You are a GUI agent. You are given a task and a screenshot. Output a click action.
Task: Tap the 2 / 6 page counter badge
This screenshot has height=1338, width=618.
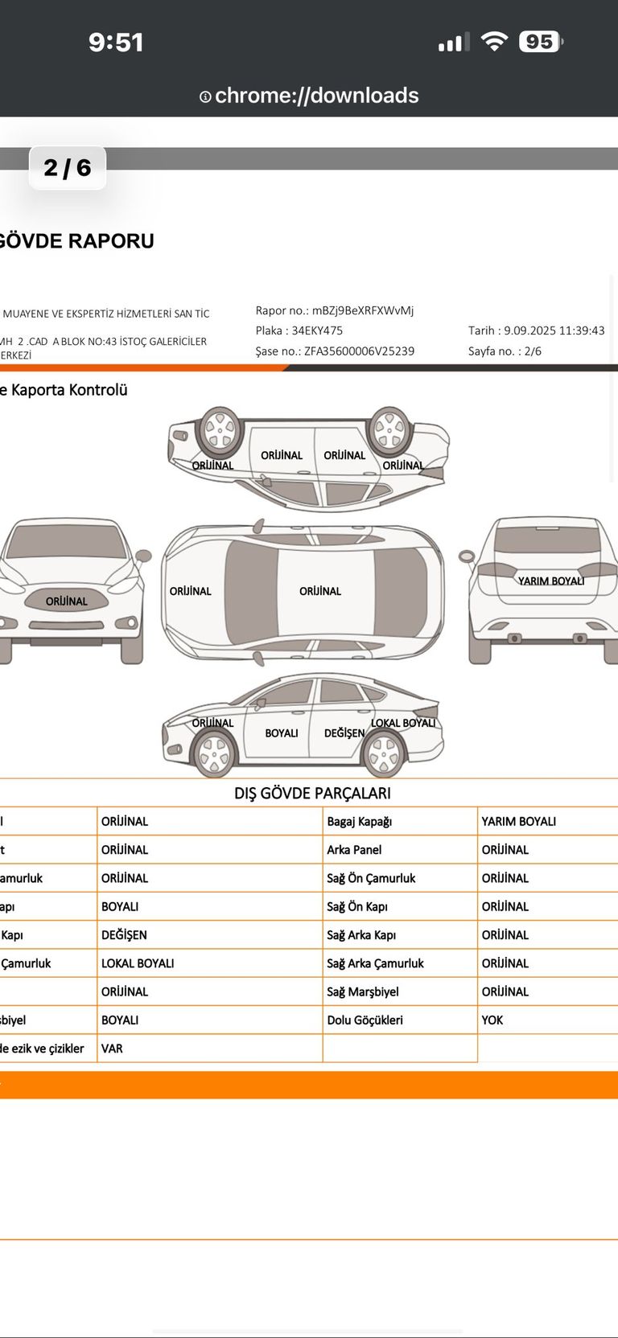(x=68, y=167)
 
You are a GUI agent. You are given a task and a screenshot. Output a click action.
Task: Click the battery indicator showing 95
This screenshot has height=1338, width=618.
(x=540, y=42)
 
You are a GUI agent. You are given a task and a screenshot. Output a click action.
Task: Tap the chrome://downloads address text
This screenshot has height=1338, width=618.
(x=316, y=96)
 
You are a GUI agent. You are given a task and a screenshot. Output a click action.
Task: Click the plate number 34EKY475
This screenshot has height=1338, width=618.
(x=317, y=330)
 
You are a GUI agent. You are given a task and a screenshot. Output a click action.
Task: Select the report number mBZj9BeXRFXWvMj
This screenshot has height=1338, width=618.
(x=363, y=310)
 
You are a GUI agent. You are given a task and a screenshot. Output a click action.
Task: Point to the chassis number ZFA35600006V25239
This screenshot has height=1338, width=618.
(x=359, y=351)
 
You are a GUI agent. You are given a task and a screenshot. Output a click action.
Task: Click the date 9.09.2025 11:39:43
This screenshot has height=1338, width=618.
(x=554, y=330)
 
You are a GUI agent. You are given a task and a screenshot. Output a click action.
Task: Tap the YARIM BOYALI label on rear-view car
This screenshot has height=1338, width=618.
(x=551, y=581)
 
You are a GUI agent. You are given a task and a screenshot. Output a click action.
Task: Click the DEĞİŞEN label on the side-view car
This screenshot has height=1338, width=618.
(x=344, y=733)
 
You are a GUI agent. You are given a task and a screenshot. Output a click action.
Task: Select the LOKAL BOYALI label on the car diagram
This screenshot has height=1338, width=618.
(x=403, y=723)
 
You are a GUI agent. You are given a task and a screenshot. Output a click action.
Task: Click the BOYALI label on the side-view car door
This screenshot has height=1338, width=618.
(x=282, y=733)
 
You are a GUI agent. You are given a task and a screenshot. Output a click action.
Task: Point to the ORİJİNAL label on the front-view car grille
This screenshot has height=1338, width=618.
(x=67, y=601)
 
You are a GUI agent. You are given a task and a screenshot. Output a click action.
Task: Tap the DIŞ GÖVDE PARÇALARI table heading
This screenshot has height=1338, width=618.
(x=312, y=794)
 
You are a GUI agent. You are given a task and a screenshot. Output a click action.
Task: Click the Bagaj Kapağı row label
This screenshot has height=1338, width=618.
(x=360, y=822)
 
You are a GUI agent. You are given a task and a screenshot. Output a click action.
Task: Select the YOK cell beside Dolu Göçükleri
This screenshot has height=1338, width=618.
(x=492, y=1020)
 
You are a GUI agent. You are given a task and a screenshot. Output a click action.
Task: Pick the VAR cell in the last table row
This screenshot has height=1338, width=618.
(x=112, y=1049)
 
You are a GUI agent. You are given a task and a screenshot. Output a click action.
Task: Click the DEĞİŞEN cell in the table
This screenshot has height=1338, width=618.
(x=124, y=935)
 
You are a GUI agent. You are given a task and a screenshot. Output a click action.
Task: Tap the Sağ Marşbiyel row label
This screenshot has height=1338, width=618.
(x=363, y=992)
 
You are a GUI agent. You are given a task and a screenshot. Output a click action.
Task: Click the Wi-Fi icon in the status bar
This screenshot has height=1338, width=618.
(x=494, y=41)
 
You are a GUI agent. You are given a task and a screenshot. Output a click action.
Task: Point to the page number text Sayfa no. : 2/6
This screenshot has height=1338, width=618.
(x=505, y=351)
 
